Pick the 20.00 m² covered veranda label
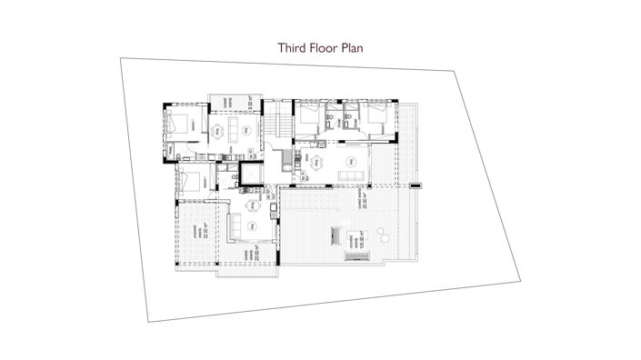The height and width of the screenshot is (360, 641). (258, 252)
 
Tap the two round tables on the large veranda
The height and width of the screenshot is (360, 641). (382, 238)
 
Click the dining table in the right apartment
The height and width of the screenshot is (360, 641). (317, 164)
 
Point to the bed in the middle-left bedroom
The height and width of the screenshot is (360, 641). (190, 180)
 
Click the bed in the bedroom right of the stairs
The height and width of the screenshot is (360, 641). (310, 115)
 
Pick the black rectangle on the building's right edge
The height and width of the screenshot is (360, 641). (417, 185)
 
